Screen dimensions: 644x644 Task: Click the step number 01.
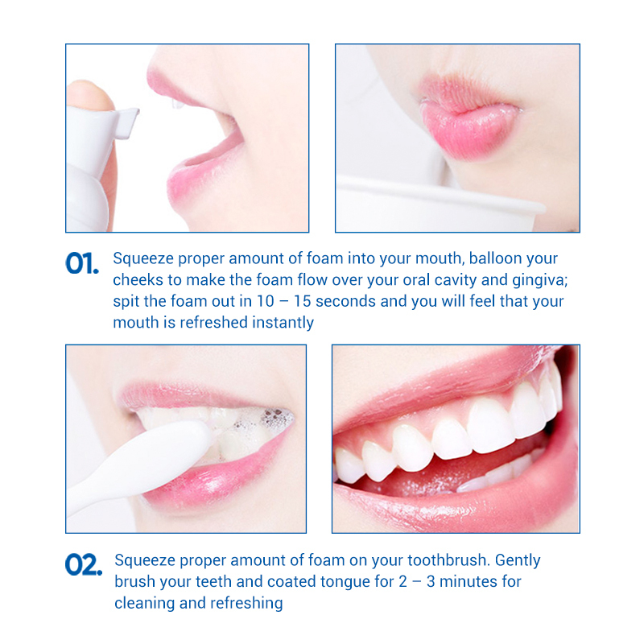tap(81, 262)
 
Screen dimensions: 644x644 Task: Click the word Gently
tap(514, 560)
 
